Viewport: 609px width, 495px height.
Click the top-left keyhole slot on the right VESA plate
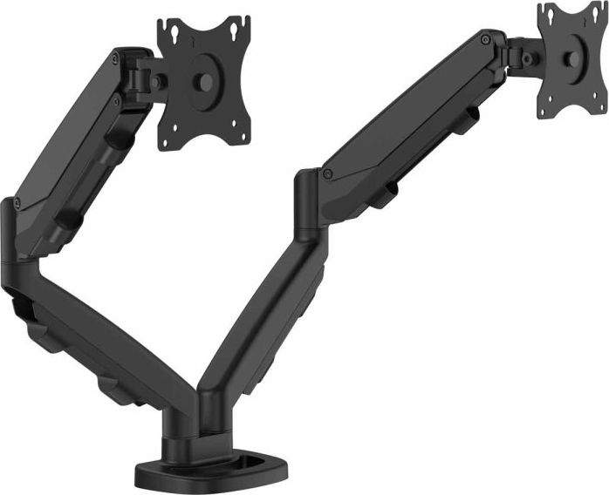(x=549, y=15)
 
